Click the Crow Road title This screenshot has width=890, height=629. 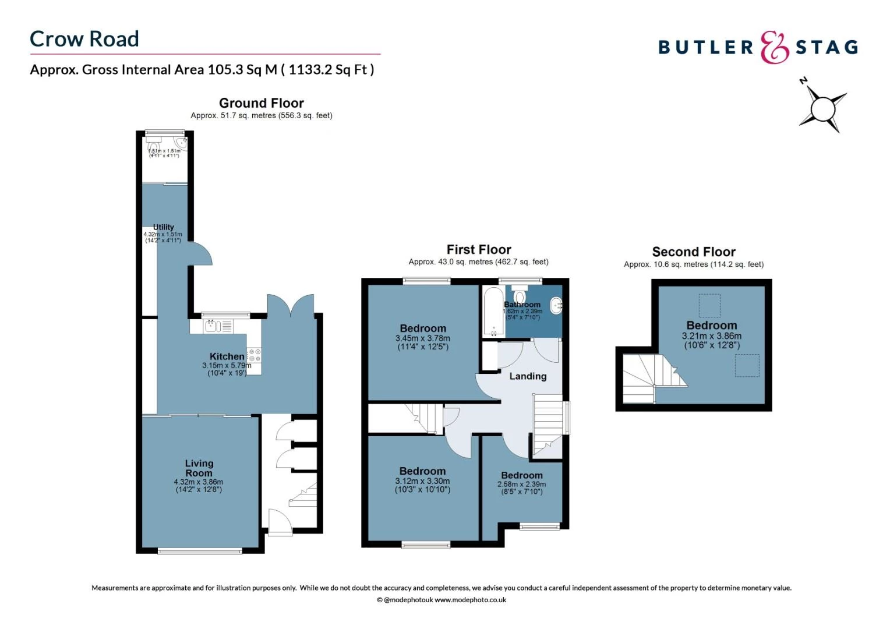point(84,39)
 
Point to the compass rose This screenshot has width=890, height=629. point(822,108)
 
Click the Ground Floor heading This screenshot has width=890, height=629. point(262,103)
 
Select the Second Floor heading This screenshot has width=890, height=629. point(694,252)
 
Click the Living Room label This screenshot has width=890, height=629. point(199,468)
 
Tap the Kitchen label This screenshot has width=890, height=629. point(227,356)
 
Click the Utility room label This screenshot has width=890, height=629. point(163,227)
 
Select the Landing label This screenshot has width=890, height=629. point(528,376)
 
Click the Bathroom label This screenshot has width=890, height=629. point(522,305)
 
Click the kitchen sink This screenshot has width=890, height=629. point(210,326)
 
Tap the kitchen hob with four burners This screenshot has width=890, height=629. point(255,355)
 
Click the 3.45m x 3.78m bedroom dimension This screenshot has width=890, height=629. point(422,338)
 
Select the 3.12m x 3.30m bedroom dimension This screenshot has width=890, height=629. point(422,481)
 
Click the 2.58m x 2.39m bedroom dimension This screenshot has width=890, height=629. point(521,484)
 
